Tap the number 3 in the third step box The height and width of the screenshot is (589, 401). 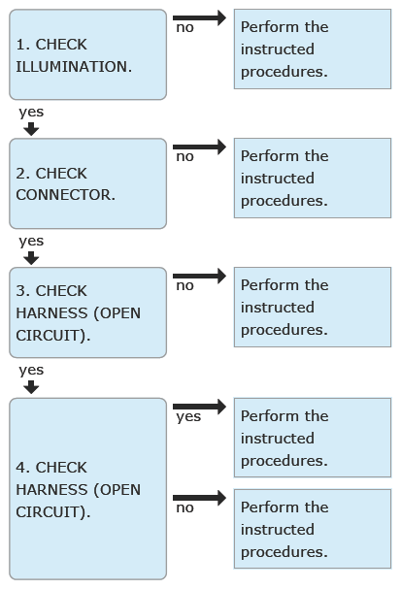pyautogui.click(x=20, y=291)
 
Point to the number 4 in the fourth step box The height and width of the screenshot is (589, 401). pyautogui.click(x=20, y=468)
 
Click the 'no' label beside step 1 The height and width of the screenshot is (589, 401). pyautogui.click(x=184, y=28)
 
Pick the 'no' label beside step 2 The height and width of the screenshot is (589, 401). pyautogui.click(x=184, y=156)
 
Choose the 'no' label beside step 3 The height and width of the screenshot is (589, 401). pyautogui.click(x=184, y=286)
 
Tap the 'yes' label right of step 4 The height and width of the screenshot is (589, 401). pyautogui.click(x=188, y=417)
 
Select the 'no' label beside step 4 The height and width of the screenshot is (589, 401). pyautogui.click(x=184, y=507)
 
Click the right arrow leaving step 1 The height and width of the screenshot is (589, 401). pyautogui.click(x=200, y=17)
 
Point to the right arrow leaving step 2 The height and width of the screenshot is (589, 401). pyautogui.click(x=200, y=147)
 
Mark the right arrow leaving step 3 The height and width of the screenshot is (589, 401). pyautogui.click(x=200, y=276)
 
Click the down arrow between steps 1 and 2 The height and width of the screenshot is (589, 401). pyautogui.click(x=31, y=129)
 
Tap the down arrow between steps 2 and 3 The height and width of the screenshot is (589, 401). pyautogui.click(x=31, y=258)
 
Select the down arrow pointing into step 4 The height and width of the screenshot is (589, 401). pyautogui.click(x=31, y=387)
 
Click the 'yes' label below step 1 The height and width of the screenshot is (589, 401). pyautogui.click(x=31, y=113)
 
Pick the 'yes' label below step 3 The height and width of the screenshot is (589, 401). pyautogui.click(x=31, y=371)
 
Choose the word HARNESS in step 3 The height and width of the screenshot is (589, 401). pyautogui.click(x=51, y=312)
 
